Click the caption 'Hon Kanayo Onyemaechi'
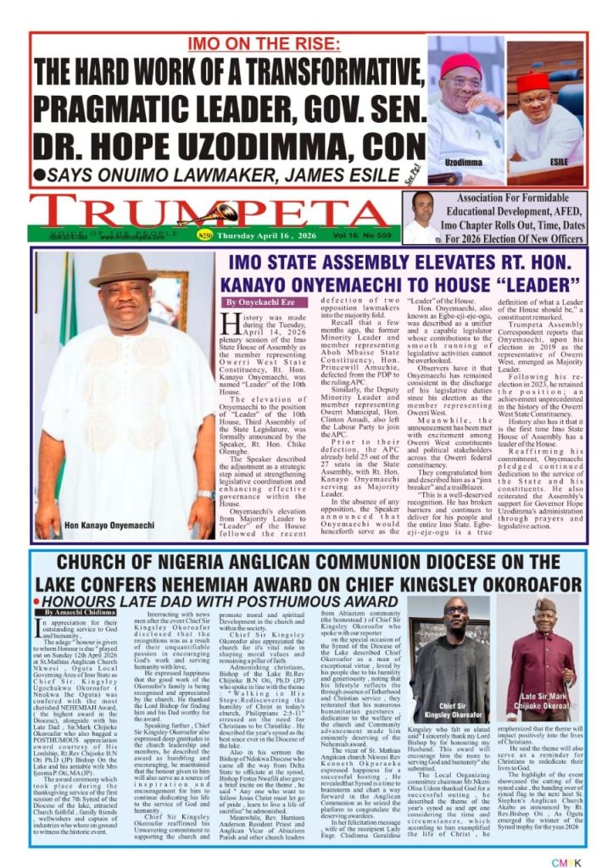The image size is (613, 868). point(109,525)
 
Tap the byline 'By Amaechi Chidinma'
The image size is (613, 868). point(80,611)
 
